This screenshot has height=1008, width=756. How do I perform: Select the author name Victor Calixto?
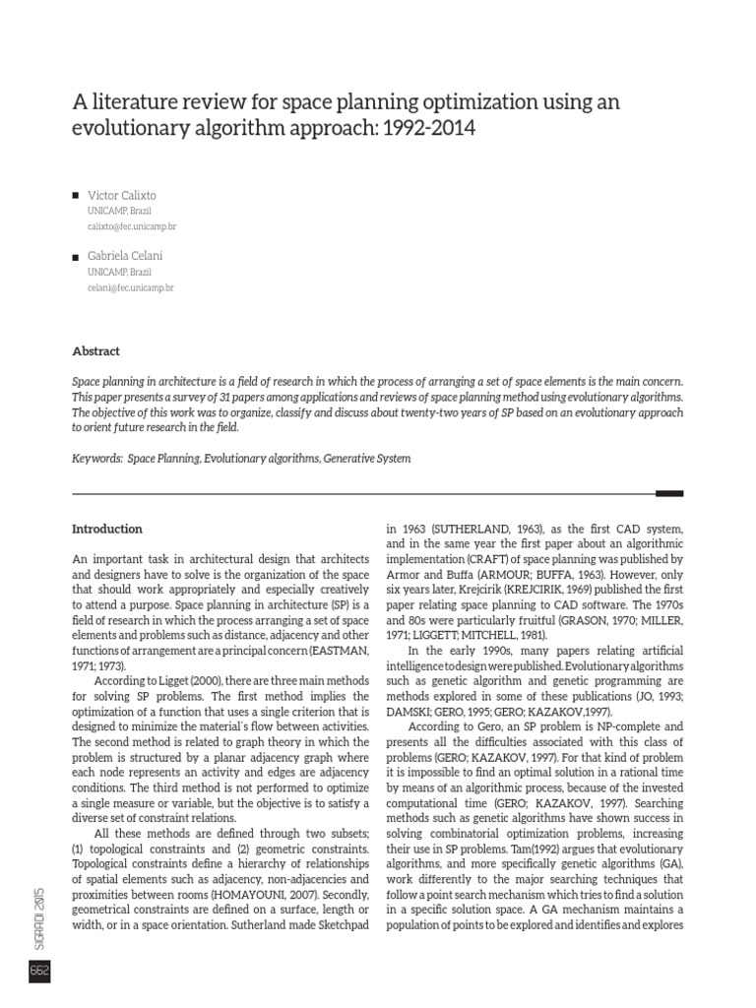[122, 195]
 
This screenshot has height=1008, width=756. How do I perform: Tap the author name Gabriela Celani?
[125, 256]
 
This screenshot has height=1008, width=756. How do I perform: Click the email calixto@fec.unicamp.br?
[132, 226]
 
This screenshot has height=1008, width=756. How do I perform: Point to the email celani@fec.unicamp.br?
[130, 287]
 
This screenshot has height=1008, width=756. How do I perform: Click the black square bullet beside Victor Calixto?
[77, 196]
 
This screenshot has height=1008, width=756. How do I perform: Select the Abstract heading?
[96, 350]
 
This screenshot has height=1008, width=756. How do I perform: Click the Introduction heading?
[107, 529]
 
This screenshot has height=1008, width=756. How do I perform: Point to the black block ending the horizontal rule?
[669, 493]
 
